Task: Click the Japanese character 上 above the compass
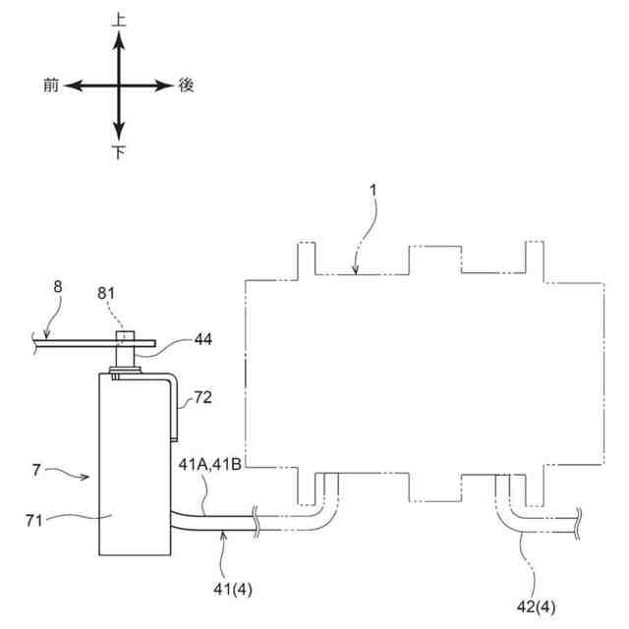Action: point(119,19)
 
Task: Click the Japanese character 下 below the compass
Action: point(119,152)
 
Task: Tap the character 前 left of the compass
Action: point(51,86)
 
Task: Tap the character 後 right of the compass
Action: point(187,86)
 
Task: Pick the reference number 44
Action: point(202,339)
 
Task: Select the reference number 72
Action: point(203,397)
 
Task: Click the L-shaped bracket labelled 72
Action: point(174,403)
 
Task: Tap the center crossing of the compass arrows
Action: point(119,86)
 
